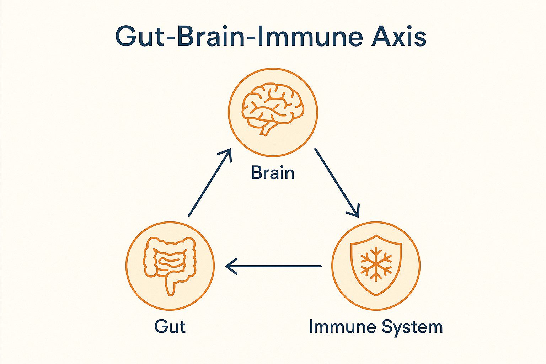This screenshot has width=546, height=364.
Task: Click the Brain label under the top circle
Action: point(273,173)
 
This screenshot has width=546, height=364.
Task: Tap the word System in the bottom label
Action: point(412,327)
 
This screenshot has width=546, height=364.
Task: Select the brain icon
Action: point(273,108)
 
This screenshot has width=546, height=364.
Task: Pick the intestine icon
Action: point(170,266)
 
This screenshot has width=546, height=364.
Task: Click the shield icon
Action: point(376,265)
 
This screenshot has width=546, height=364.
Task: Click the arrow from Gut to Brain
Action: point(209,182)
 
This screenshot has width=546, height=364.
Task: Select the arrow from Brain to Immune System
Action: point(337,182)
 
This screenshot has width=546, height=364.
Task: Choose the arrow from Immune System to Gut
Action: point(273,266)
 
